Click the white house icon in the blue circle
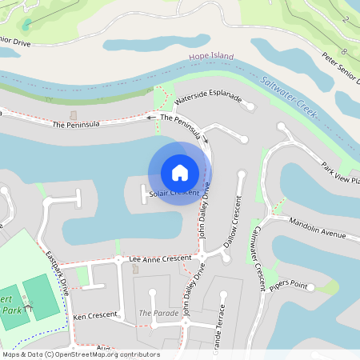[x=180, y=172]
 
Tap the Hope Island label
[x=210, y=58]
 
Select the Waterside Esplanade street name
[x=207, y=99]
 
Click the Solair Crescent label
[x=174, y=194]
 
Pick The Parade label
[x=158, y=313]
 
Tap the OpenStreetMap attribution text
[x=80, y=354]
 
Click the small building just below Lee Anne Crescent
[x=135, y=270]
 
